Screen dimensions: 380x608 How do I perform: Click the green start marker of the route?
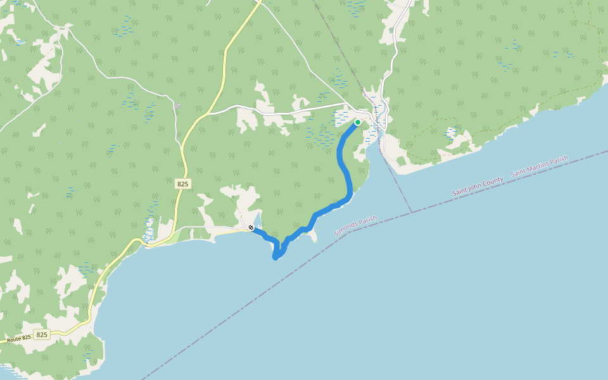pyautogui.click(x=358, y=122)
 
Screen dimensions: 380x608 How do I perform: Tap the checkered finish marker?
pyautogui.click(x=251, y=227)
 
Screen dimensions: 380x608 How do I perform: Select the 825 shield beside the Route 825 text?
pyautogui.click(x=42, y=334)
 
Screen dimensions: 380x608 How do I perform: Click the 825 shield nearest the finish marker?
pyautogui.click(x=183, y=183)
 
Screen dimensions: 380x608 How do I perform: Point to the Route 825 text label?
pyautogui.click(x=18, y=339)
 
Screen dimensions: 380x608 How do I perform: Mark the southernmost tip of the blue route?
pyautogui.click(x=275, y=257)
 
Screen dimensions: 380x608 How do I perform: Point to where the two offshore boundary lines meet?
pyautogui.click(x=412, y=212)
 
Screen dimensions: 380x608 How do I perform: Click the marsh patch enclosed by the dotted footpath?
pyautogui.click(x=451, y=132)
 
